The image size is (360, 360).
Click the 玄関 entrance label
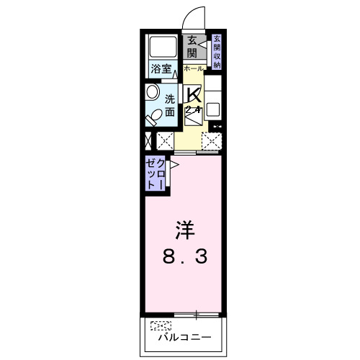191,47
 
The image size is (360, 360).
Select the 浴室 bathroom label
161,70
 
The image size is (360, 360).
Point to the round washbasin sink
152,92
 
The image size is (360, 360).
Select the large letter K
193,94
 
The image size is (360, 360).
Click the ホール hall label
193,68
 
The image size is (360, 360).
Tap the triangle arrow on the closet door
174,164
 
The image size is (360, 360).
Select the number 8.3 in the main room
184,256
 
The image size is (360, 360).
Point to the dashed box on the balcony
162,325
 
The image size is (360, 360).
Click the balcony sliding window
196,314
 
